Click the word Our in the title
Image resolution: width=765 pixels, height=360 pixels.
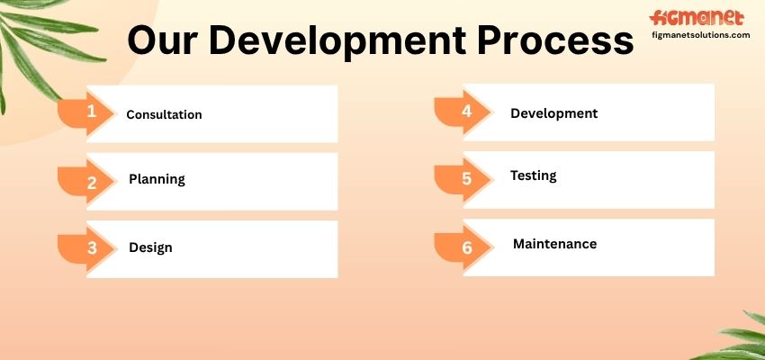point(160,40)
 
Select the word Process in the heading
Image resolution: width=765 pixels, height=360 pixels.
point(555,40)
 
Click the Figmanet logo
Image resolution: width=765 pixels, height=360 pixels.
point(697,19)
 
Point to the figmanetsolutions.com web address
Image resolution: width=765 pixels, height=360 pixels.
point(700,35)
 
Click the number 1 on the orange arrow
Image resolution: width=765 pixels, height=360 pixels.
point(91,112)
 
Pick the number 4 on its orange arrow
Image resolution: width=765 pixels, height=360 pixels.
point(467,112)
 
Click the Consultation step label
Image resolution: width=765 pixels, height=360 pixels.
point(164,114)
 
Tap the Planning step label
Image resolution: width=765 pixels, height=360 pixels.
point(157,179)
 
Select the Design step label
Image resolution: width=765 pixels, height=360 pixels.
point(150,247)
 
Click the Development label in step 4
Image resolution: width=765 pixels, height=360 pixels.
point(553,113)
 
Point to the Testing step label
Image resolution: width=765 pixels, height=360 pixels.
point(534,175)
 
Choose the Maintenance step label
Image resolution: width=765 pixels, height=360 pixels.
point(554,243)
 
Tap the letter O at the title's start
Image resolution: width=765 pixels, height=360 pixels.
point(141,40)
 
